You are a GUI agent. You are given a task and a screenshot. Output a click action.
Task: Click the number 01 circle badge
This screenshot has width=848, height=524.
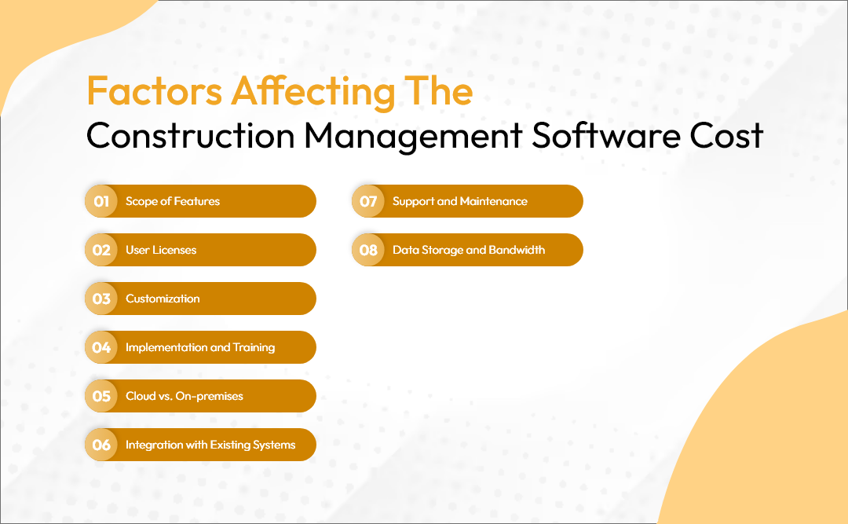pyautogui.click(x=101, y=201)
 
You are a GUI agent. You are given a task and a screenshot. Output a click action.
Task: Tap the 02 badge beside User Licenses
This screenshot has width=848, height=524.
pyautogui.click(x=101, y=250)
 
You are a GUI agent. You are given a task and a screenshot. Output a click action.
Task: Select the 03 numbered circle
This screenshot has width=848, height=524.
pyautogui.click(x=101, y=299)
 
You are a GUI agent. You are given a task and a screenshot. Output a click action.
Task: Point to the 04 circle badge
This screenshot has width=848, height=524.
pyautogui.click(x=101, y=347)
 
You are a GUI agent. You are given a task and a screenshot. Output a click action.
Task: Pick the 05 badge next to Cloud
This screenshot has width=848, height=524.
pyautogui.click(x=101, y=396)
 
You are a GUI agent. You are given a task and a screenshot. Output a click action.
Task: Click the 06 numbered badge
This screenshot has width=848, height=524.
pyautogui.click(x=101, y=445)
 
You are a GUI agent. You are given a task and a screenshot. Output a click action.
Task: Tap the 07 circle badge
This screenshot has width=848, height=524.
pyautogui.click(x=368, y=201)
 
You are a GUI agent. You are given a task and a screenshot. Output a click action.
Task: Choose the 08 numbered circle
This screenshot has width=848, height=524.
pyautogui.click(x=368, y=250)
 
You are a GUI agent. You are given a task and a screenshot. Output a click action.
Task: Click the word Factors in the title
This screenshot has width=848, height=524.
pyautogui.click(x=155, y=91)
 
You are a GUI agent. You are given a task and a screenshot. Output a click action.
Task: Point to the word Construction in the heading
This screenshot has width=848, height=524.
pyautogui.click(x=190, y=135)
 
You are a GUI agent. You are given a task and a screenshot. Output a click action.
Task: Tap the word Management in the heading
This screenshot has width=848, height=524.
pyautogui.click(x=413, y=137)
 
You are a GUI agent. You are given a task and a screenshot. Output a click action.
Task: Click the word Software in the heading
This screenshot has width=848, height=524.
pyautogui.click(x=605, y=135)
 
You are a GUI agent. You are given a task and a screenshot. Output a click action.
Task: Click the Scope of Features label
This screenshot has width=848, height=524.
pyautogui.click(x=173, y=201)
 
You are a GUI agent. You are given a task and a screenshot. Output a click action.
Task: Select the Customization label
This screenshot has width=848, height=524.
pyautogui.click(x=163, y=299)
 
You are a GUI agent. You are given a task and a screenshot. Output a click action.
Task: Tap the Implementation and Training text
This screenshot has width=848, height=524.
pyautogui.click(x=200, y=347)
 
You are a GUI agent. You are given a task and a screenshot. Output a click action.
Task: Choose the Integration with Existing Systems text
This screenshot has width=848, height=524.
pyautogui.click(x=210, y=445)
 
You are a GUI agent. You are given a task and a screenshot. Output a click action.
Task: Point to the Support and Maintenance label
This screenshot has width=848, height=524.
pyautogui.click(x=459, y=201)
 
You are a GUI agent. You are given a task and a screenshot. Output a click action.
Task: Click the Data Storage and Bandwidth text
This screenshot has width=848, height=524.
pyautogui.click(x=469, y=250)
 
